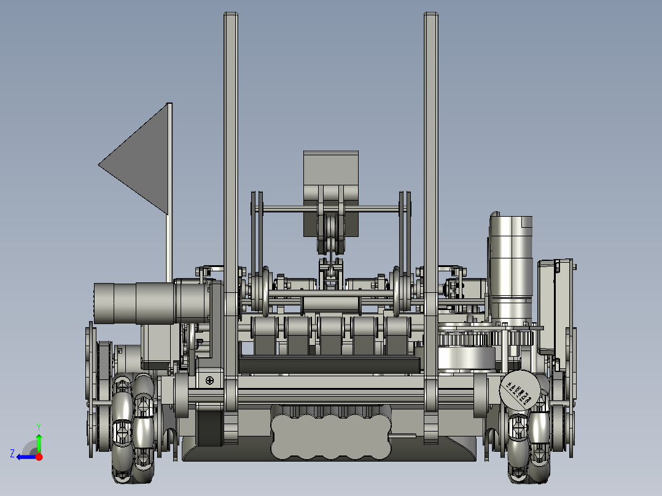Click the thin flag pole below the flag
(167, 246)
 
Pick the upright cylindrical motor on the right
(511, 264)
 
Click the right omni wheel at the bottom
(529, 446)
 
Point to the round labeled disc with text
(518, 390)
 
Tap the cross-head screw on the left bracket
(210, 381)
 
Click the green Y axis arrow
(39, 439)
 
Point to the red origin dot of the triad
(39, 457)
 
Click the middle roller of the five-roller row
(330, 335)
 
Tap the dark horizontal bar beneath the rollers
(330, 366)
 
